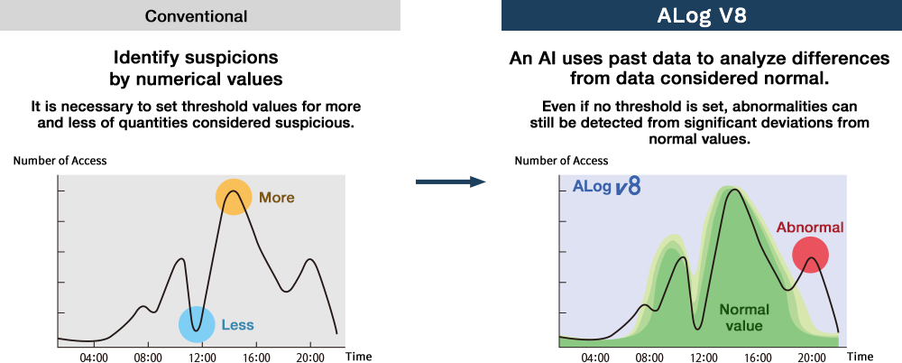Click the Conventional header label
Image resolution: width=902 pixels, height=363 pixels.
tap(196, 15)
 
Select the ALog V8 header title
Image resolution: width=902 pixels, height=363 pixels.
tap(702, 15)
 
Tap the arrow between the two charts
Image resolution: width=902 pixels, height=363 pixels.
tap(451, 182)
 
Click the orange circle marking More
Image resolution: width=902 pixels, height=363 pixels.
tap(234, 197)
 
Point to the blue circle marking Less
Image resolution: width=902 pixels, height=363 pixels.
tap(197, 325)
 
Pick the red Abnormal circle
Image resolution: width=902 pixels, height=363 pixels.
tap(810, 255)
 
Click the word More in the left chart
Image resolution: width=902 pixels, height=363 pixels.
tap(277, 198)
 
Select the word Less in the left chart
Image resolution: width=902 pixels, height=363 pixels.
tap(237, 325)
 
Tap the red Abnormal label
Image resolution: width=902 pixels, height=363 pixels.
tap(810, 227)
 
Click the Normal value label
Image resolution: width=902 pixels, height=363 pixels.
tap(744, 318)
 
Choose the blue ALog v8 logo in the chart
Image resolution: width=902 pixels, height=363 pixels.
tap(607, 187)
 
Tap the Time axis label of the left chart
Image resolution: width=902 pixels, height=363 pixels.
tap(359, 356)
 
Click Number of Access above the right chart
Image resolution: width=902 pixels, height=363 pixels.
tap(561, 161)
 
